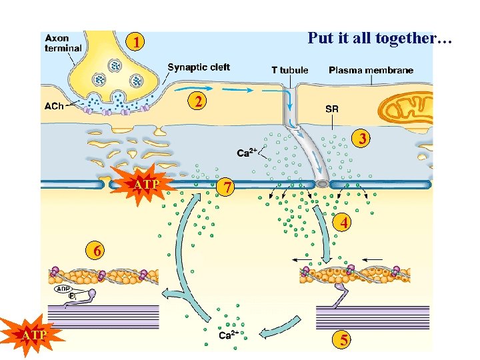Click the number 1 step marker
pos(136,43)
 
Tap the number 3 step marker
pos(362,139)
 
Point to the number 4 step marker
pos(343,223)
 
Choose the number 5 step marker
pos(343,340)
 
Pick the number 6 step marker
pos(97,251)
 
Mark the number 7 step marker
pos(227,189)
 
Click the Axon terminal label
pos(63,43)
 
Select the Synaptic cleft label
pos(199,67)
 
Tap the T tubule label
pos(289,70)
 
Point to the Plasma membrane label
pos(371,70)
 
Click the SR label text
pos(331,109)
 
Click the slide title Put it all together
pos(379,38)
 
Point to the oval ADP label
pos(65,289)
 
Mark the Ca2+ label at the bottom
pos(229,335)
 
